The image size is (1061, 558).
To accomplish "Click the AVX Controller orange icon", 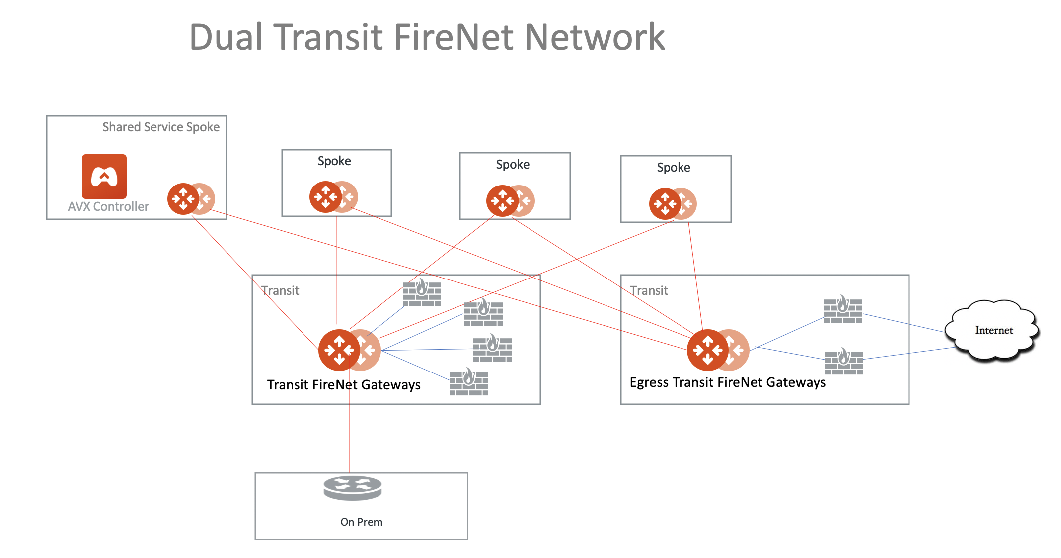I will pos(104,176).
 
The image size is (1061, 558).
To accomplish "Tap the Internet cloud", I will pos(993,330).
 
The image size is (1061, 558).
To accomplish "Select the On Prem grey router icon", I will pos(353,488).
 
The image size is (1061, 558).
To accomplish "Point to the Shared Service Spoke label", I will pos(160,127).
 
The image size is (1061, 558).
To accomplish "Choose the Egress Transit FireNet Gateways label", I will pos(727,382).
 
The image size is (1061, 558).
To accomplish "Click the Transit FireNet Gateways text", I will pos(344,385).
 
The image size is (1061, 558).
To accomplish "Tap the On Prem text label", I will pos(361,522).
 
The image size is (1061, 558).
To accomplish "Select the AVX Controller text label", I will pos(108,207).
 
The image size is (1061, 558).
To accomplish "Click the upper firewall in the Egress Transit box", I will pos(843,309).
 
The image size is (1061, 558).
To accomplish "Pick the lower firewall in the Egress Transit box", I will pos(844,362).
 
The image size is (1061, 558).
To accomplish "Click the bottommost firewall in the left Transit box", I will pos(469,382).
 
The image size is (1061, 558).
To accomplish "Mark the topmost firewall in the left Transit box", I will pos(422,292).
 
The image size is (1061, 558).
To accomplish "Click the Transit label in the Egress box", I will pos(649,290).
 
